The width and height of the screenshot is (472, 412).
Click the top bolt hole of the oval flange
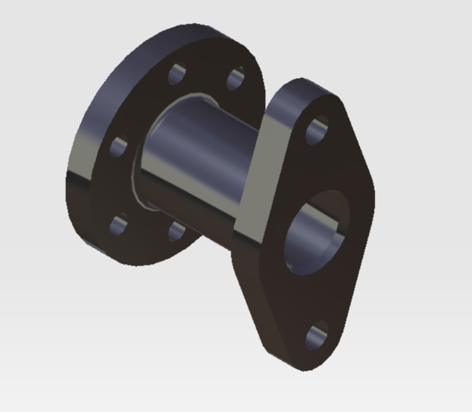click(x=316, y=130)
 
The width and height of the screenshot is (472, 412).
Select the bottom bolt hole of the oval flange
click(x=316, y=336)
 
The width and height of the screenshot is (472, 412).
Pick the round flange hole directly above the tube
click(x=178, y=74)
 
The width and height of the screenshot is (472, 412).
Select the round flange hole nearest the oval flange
click(x=236, y=79)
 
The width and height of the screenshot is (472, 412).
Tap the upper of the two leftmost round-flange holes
click(x=118, y=147)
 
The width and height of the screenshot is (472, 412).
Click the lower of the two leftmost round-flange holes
click(x=118, y=225)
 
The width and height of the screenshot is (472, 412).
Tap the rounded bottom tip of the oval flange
click(x=302, y=364)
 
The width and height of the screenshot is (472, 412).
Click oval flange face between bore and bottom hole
click(x=309, y=296)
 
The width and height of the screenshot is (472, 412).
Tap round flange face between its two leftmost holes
click(x=116, y=187)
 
